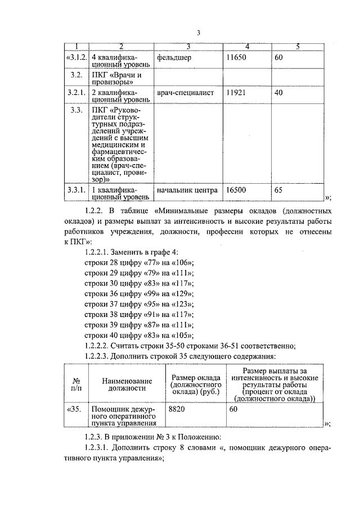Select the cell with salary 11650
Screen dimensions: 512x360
click(236, 57)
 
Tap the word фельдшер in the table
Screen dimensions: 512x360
click(174, 57)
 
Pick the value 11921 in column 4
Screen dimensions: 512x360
click(236, 93)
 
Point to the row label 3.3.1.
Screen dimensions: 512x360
click(76, 190)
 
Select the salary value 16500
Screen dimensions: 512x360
click(236, 190)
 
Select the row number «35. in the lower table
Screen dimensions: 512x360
click(74, 410)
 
